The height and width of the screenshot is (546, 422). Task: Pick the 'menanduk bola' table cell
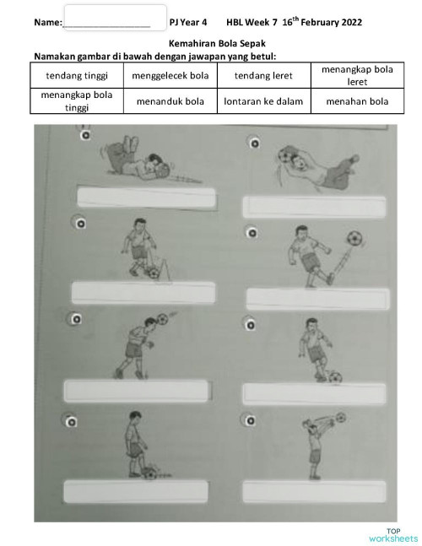click(170, 101)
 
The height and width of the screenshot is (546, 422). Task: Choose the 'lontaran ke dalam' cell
click(263, 101)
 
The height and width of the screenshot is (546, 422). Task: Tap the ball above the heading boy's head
click(162, 320)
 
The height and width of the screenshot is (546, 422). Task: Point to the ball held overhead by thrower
click(340, 417)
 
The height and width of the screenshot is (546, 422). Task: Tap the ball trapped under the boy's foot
click(149, 473)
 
